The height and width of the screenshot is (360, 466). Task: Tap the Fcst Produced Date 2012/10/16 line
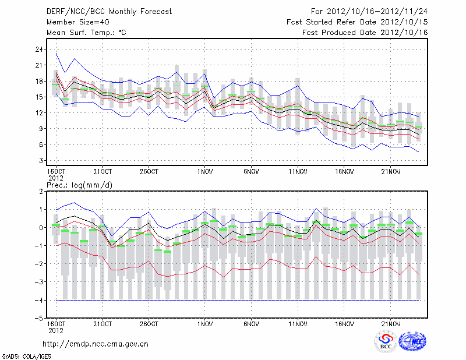(365, 32)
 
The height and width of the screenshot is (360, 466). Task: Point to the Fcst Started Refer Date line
(357, 22)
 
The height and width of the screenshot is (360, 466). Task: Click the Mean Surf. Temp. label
(86, 32)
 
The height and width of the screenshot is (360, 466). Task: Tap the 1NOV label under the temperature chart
(204, 172)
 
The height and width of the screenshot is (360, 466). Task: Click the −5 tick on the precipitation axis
(40, 318)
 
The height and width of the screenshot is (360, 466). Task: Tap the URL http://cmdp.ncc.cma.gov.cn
(96, 344)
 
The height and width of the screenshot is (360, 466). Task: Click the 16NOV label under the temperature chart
(344, 172)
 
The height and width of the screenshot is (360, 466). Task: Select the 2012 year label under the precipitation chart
(55, 330)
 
